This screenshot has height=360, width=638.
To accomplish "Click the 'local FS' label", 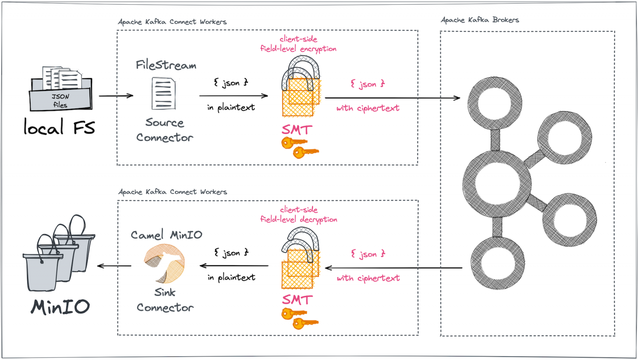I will tap(59, 128).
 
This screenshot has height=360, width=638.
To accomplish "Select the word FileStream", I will tap(166, 66).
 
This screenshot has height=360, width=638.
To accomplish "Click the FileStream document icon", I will tap(163, 93).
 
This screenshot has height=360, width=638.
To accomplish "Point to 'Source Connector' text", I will tap(165, 130).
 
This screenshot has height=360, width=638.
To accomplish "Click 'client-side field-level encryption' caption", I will tap(298, 44).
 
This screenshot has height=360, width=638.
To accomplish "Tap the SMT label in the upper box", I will tap(297, 130).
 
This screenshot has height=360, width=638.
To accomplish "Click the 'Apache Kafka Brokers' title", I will tap(480, 20).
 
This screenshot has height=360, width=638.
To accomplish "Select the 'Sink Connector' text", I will tap(165, 300).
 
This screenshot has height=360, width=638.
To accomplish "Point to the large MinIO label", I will tap(60, 306).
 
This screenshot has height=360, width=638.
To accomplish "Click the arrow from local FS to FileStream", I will tap(116, 96).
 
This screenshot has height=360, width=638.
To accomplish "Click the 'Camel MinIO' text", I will tap(167, 235).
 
